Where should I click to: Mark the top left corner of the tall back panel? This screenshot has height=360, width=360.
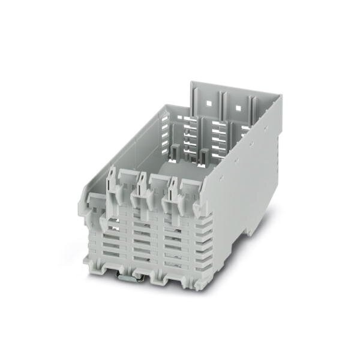click(193, 82)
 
